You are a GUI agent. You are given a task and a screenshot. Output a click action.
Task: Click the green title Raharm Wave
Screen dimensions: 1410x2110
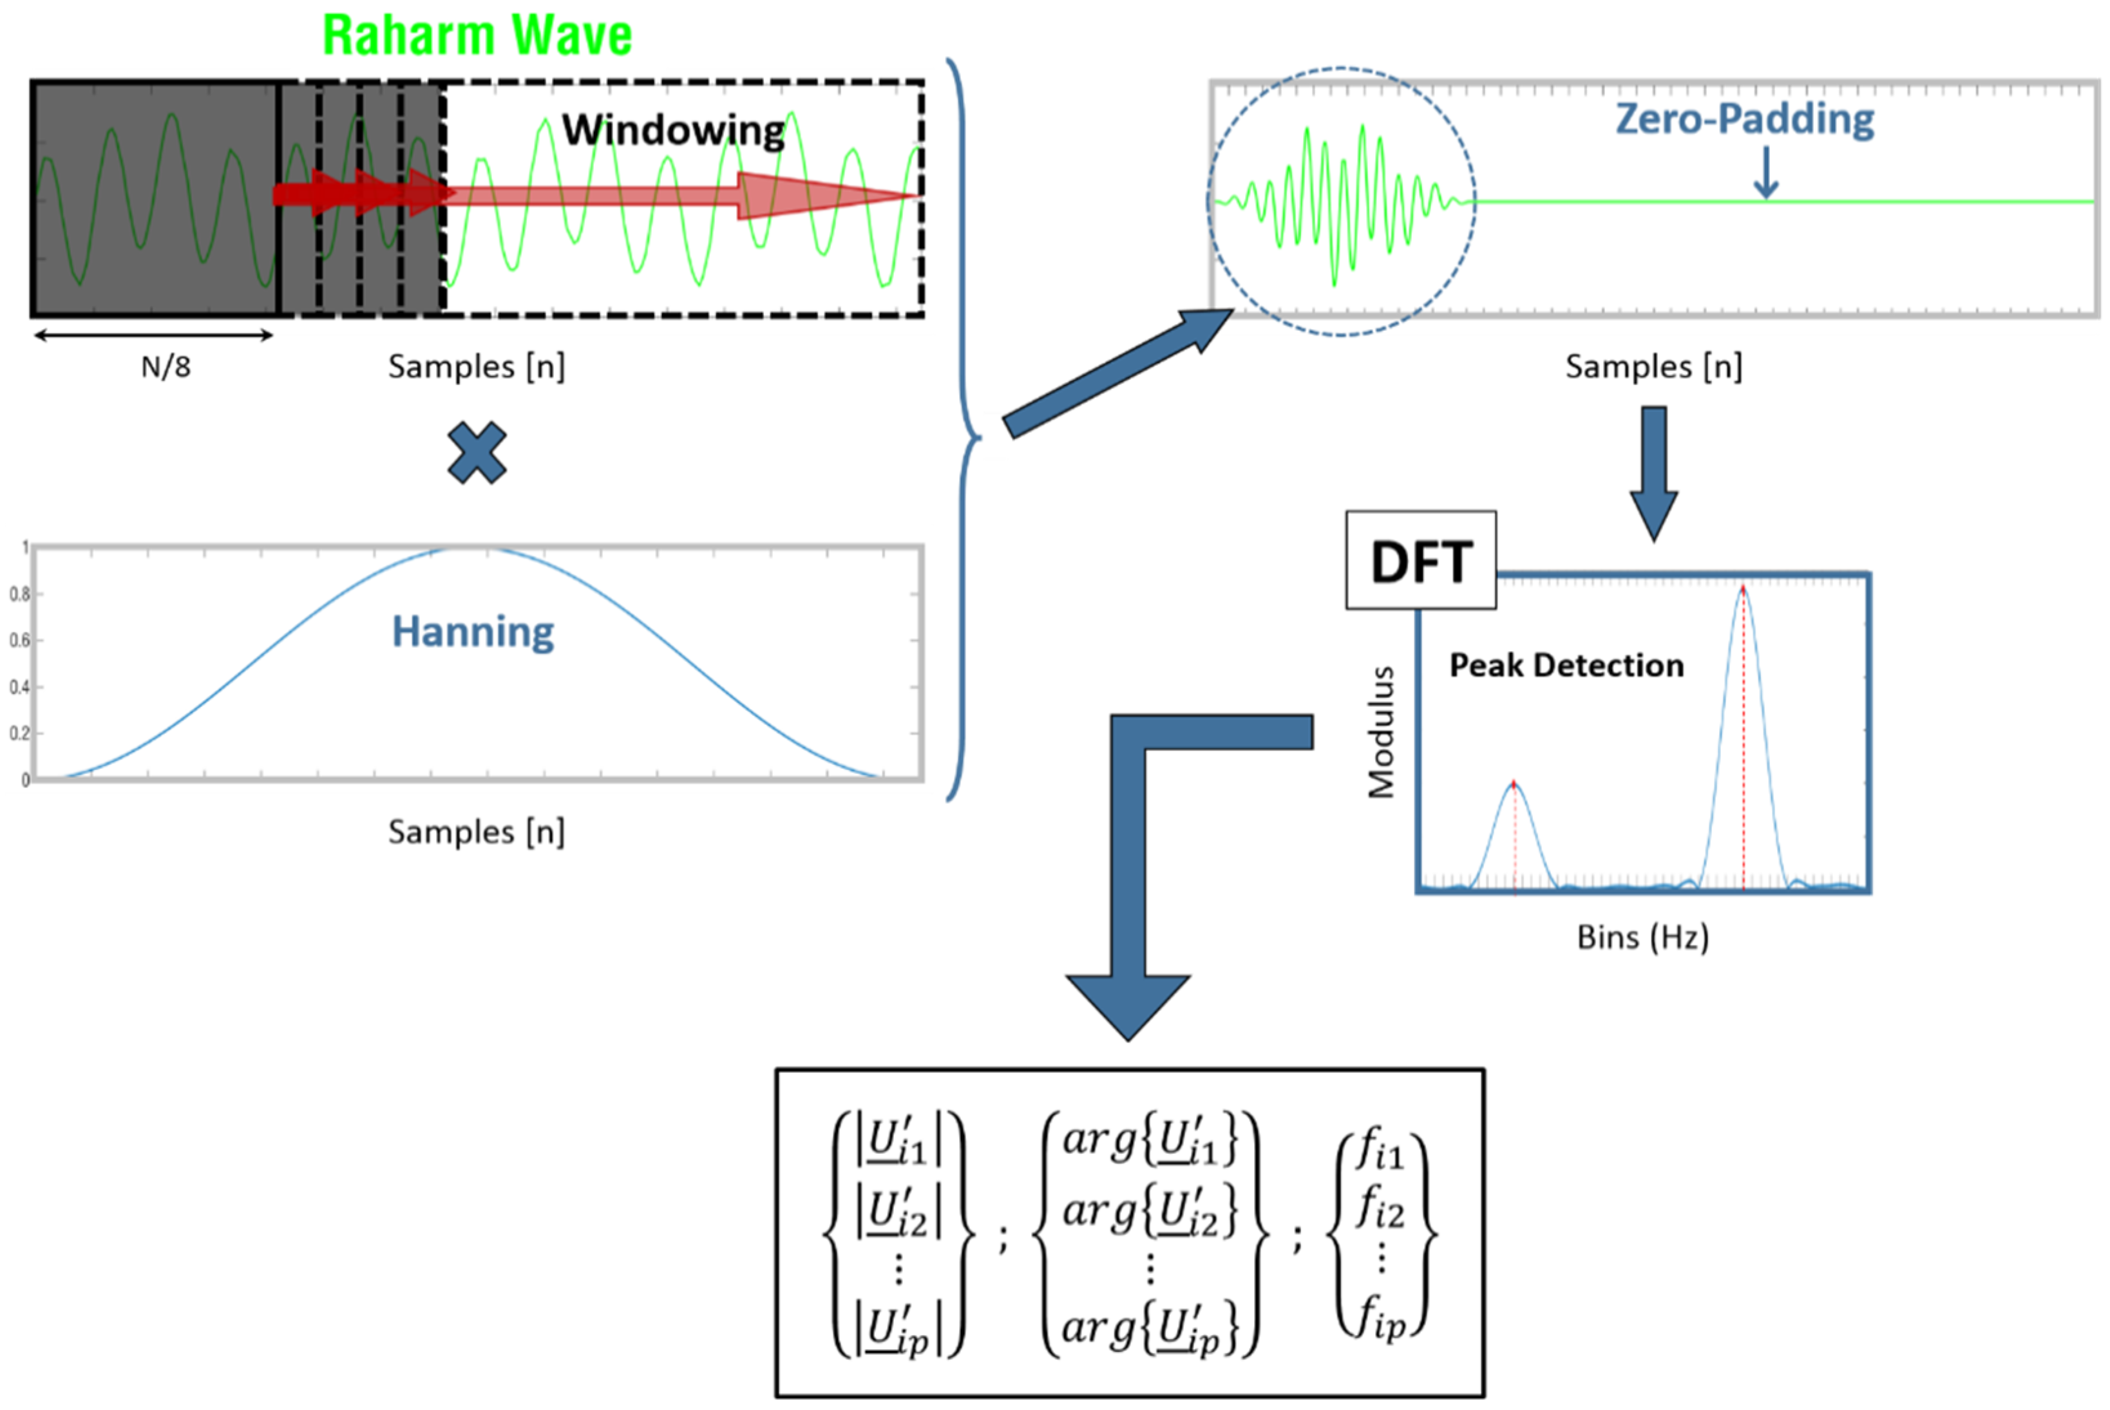tap(477, 36)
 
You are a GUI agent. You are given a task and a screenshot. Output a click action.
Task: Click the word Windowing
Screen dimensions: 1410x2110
tap(673, 131)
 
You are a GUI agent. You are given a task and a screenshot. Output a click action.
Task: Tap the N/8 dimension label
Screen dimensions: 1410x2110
tap(166, 367)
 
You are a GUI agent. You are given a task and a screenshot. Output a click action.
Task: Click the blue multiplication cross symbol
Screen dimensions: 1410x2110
tap(477, 453)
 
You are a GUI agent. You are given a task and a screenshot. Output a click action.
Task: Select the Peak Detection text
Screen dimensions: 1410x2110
tap(1566, 666)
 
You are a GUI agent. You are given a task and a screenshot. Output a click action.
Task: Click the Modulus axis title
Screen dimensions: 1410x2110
tap(1381, 732)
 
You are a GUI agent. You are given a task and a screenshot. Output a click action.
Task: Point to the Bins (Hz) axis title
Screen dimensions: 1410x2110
tap(1642, 937)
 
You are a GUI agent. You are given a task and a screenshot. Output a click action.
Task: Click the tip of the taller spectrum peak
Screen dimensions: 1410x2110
tap(1743, 590)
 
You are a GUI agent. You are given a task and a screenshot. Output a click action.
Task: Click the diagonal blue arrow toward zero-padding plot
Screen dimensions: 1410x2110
tap(1116, 374)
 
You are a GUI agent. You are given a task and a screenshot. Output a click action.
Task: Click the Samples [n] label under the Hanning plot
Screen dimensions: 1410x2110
tap(477, 832)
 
